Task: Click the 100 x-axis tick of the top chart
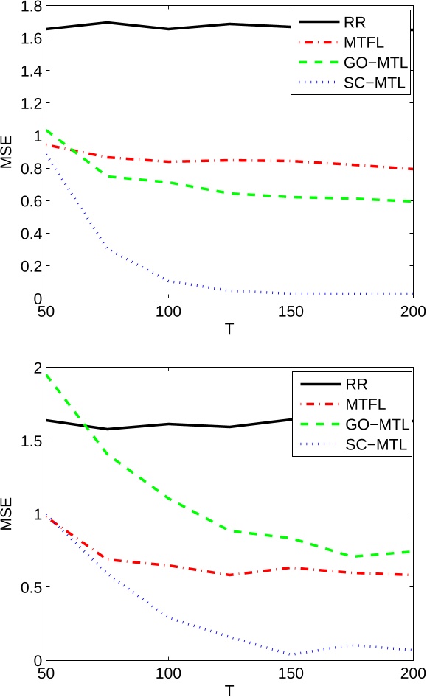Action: (x=169, y=312)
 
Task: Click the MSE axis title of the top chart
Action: (x=7, y=153)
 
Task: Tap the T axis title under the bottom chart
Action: (x=229, y=688)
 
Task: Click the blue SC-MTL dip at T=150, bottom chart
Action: (x=292, y=654)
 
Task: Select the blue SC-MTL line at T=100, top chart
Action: (x=169, y=281)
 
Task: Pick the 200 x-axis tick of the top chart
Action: (x=414, y=312)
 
